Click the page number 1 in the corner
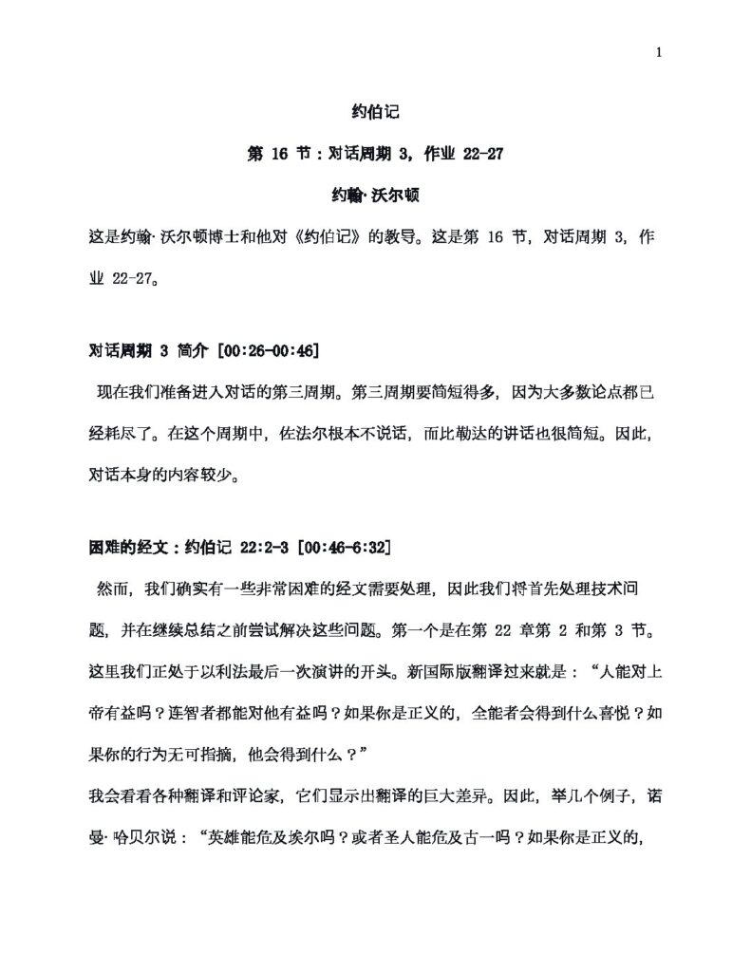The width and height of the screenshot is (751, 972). click(x=658, y=52)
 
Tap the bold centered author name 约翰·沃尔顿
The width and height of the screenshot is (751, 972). click(x=375, y=196)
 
